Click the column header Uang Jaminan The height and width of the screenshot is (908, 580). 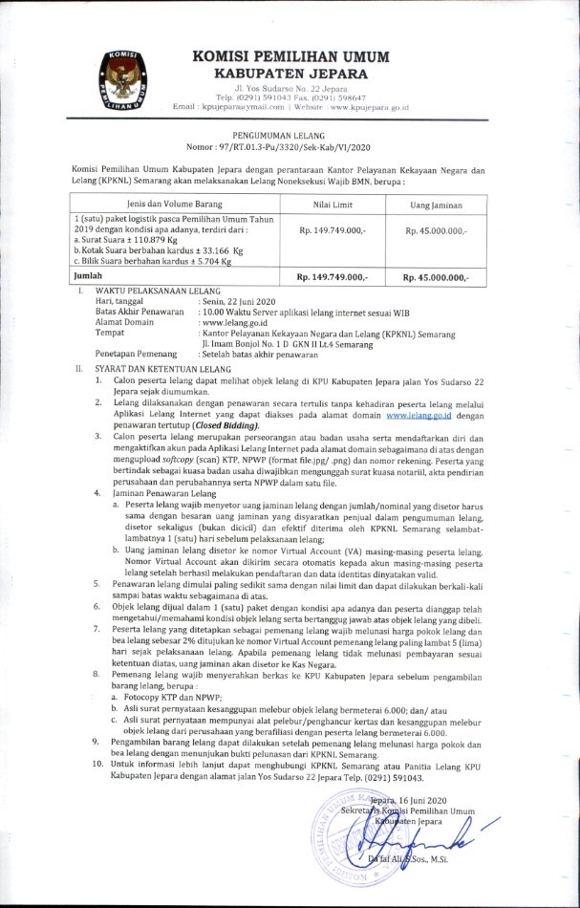(436, 204)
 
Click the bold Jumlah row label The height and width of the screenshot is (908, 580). (89, 276)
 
